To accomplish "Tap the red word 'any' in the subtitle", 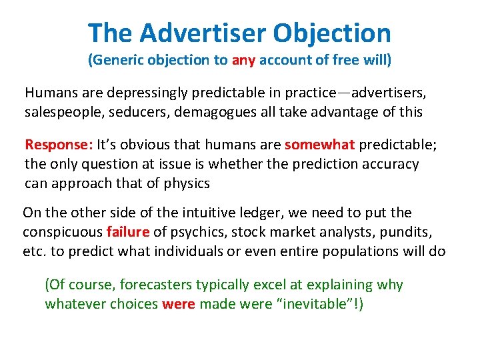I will [243, 61].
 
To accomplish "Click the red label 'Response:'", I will [59, 145].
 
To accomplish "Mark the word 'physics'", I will [187, 183].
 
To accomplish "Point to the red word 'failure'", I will [128, 232].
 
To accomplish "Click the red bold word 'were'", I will [179, 304].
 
